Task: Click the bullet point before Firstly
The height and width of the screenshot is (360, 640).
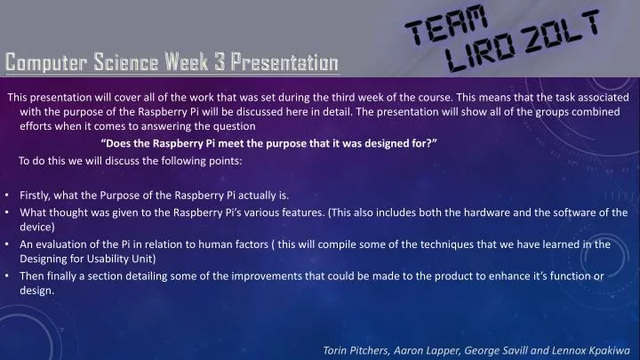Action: point(7,196)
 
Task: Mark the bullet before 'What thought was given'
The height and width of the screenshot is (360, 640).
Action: point(7,212)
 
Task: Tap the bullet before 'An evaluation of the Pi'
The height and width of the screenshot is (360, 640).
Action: point(7,244)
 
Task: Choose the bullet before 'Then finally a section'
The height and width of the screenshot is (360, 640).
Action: point(7,276)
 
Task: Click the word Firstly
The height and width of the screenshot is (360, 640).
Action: point(39,196)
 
